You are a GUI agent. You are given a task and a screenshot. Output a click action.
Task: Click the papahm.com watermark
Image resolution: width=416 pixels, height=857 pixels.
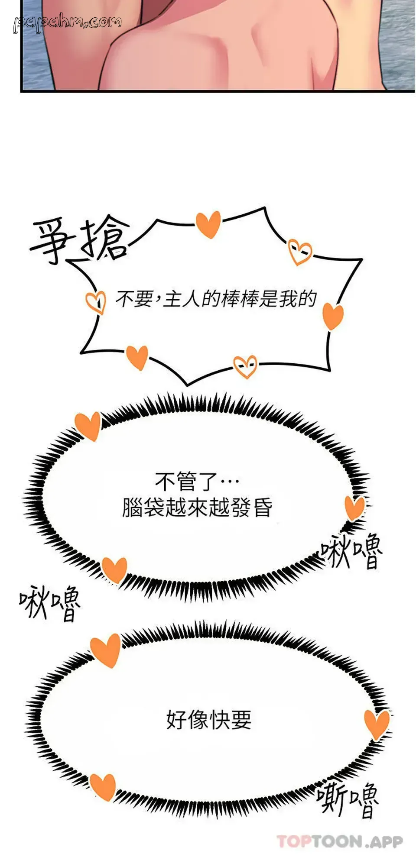pyautogui.click(x=67, y=23)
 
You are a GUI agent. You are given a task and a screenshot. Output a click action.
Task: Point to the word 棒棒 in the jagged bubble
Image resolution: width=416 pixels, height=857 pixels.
pyautogui.click(x=240, y=299)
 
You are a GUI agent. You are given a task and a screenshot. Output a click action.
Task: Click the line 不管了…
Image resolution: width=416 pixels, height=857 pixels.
pyautogui.click(x=197, y=480)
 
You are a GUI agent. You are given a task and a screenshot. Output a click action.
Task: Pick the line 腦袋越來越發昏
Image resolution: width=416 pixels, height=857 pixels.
pyautogui.click(x=197, y=507)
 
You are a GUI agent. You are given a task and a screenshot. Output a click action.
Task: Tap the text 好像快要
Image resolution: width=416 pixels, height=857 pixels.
pyautogui.click(x=209, y=720)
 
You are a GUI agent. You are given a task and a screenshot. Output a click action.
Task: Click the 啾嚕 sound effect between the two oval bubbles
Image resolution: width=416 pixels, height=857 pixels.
pyautogui.click(x=50, y=602)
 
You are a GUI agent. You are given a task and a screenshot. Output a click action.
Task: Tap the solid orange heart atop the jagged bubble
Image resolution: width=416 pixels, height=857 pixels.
pyautogui.click(x=208, y=224)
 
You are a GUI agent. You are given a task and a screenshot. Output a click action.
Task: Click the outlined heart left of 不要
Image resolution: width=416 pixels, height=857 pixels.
pyautogui.click(x=96, y=301)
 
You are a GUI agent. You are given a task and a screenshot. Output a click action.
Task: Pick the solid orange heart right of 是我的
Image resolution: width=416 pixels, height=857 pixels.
pyautogui.click(x=333, y=316)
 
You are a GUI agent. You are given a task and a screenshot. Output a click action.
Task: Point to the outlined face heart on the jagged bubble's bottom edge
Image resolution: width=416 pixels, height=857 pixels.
pyautogui.click(x=245, y=366)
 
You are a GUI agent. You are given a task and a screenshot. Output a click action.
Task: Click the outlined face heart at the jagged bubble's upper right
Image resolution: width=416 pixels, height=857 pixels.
pyautogui.click(x=300, y=252)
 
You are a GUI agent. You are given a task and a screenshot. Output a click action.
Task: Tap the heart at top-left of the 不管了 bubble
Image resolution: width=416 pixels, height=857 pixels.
pyautogui.click(x=88, y=426)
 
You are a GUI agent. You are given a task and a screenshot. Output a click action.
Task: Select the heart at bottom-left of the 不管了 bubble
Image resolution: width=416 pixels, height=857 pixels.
pyautogui.click(x=114, y=570)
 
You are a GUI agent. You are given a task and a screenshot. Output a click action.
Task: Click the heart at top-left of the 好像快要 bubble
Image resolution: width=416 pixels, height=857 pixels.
pyautogui.click(x=106, y=650)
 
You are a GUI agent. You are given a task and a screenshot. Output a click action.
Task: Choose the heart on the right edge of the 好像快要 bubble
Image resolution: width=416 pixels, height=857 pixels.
pyautogui.click(x=377, y=724)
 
